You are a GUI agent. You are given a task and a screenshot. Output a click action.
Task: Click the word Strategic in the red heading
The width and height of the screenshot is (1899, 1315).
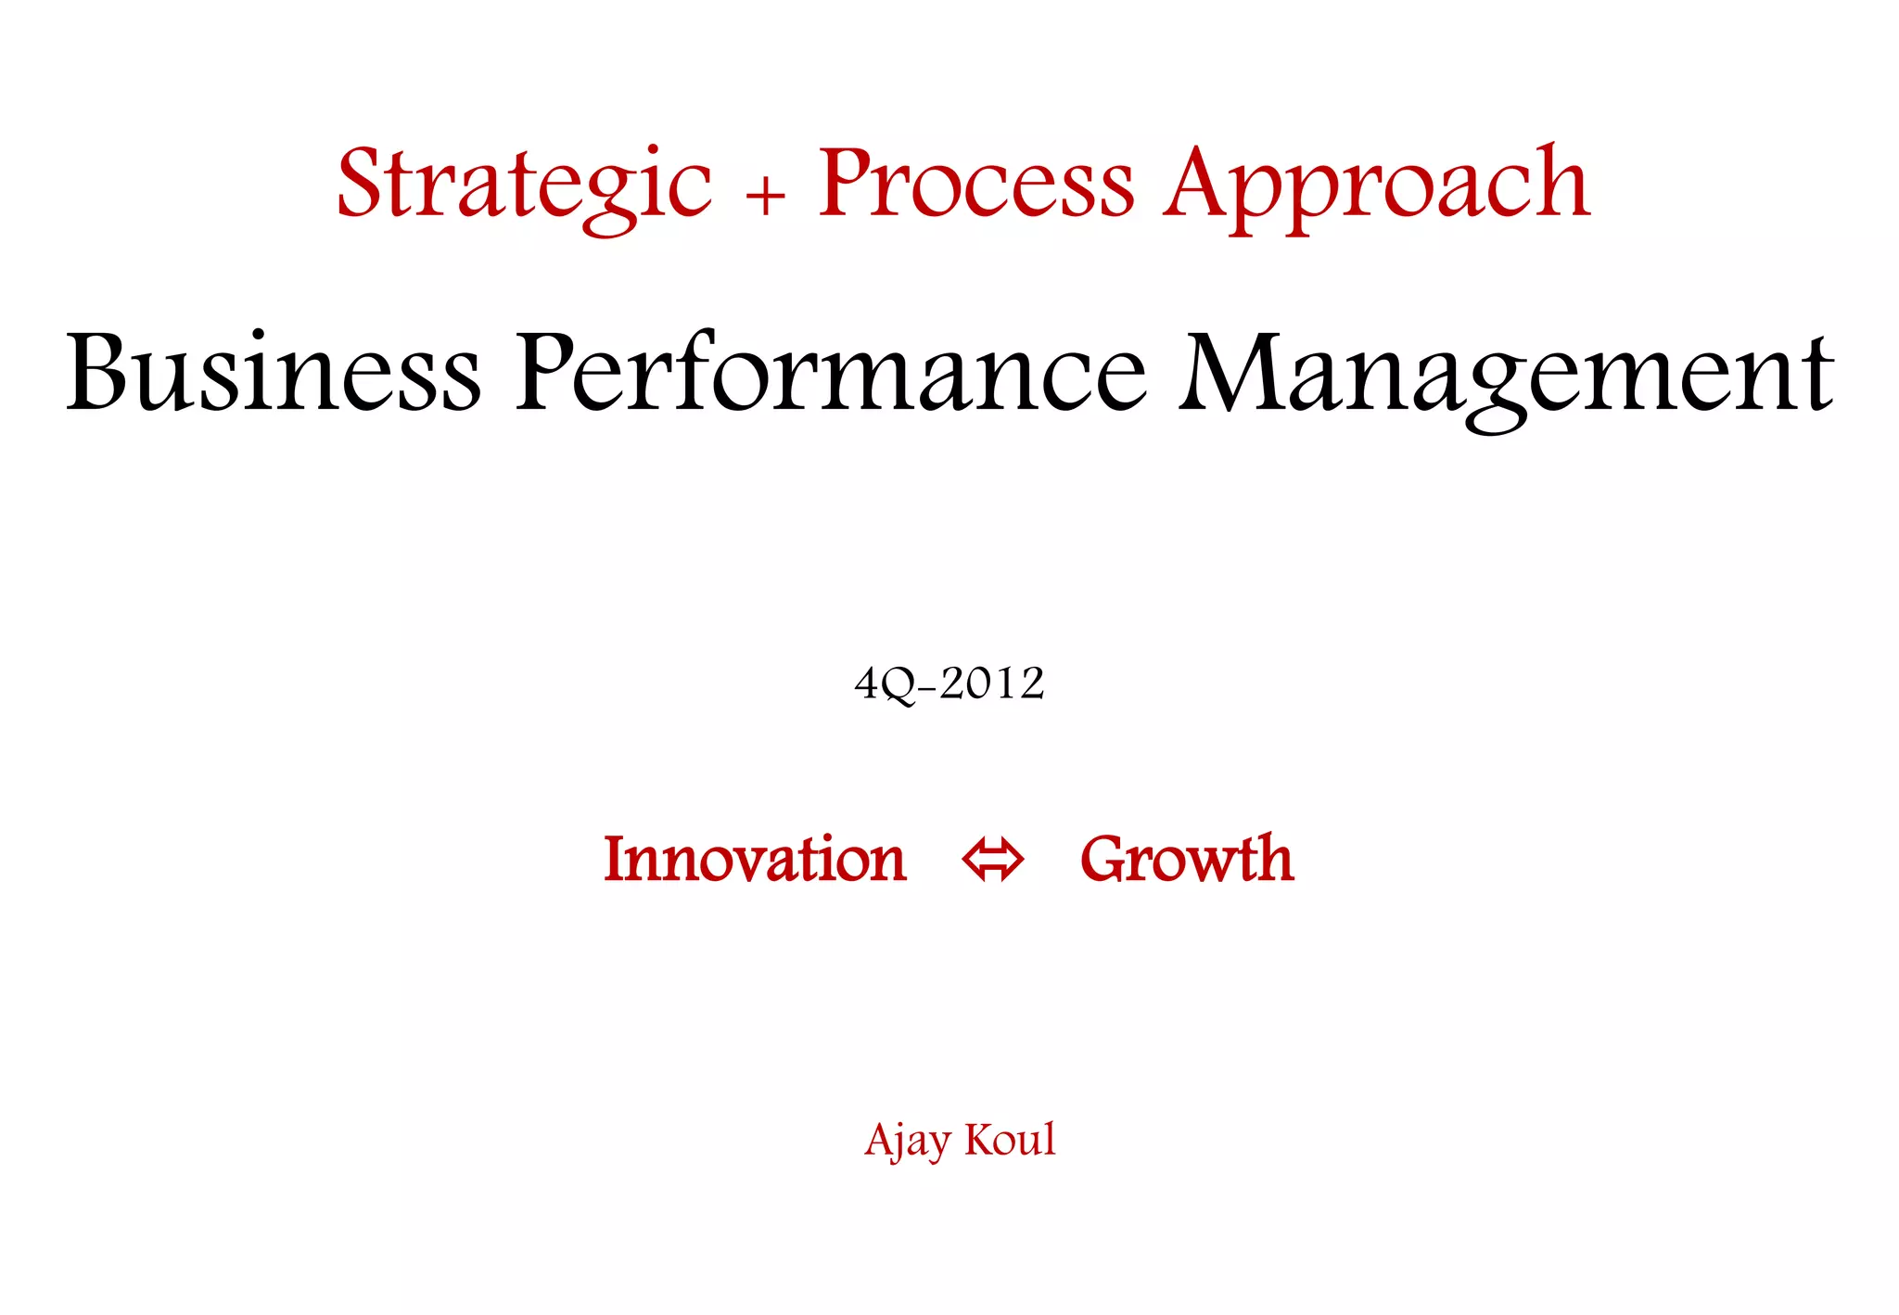(524, 185)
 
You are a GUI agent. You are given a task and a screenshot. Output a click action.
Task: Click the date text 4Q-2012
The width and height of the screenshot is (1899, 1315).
(949, 684)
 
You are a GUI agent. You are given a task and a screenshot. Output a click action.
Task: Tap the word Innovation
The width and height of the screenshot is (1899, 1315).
(755, 859)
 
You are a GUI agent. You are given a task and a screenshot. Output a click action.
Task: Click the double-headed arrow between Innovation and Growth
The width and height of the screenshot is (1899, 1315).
(993, 860)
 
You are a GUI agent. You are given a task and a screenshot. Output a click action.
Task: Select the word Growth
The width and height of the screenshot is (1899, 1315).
(1187, 859)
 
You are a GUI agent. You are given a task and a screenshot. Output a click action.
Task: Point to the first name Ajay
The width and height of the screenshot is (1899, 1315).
(908, 1141)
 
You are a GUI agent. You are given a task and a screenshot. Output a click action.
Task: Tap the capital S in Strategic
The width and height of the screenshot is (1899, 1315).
(361, 183)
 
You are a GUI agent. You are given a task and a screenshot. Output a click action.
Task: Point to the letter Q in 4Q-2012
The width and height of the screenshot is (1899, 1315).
(897, 686)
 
